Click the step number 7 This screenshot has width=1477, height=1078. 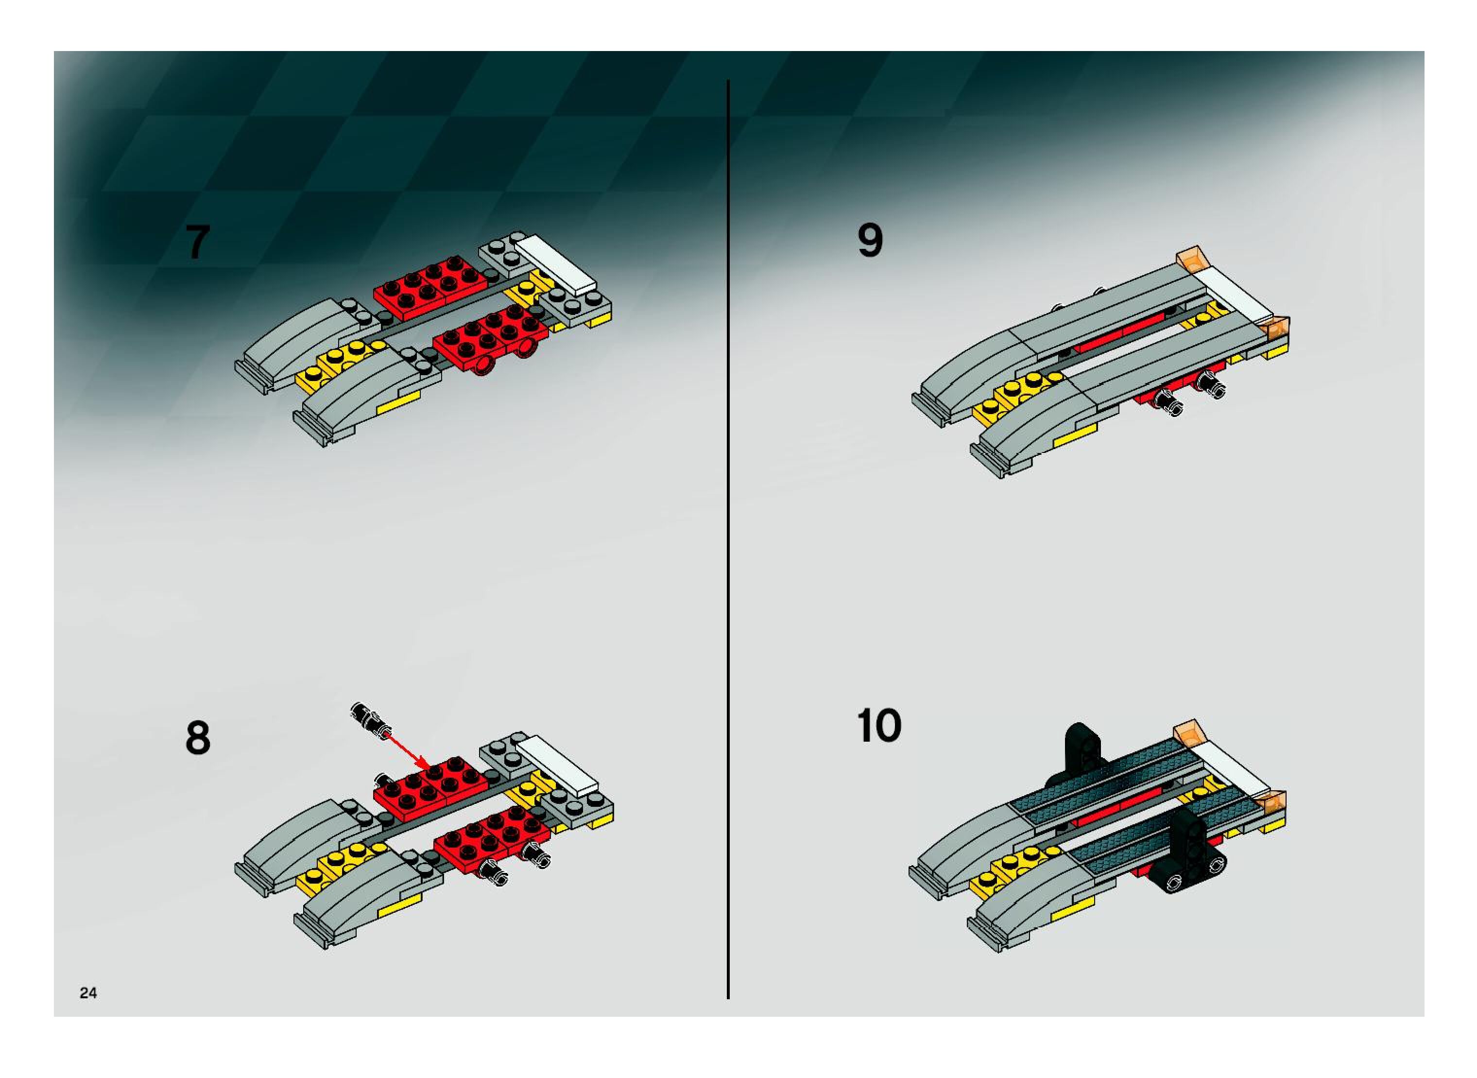pos(198,242)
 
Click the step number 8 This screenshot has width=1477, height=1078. pos(198,738)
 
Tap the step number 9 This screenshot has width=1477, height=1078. pos(870,240)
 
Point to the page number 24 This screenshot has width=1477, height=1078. pos(88,992)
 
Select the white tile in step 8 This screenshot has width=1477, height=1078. pos(558,764)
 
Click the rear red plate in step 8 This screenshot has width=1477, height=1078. pos(429,783)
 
